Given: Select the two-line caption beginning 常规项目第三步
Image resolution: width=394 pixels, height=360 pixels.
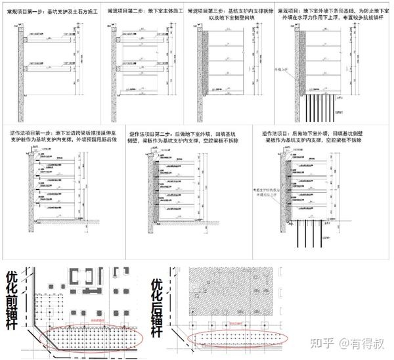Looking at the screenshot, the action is tap(227, 14).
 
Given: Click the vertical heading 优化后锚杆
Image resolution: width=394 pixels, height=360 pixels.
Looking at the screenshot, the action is tap(156, 305).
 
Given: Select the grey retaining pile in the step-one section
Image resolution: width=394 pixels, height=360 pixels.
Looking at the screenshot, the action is tap(22, 66).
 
